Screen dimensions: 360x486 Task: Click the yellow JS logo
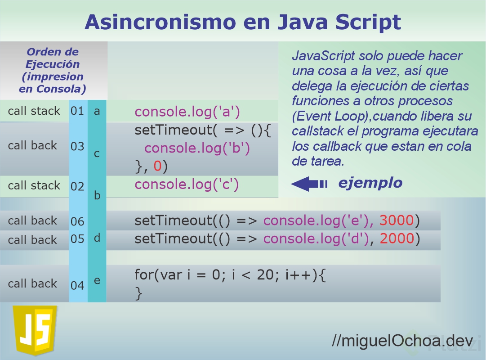(x=35, y=330)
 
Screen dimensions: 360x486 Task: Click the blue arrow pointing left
(x=308, y=184)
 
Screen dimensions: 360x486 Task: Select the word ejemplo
(x=370, y=183)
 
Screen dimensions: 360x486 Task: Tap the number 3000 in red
(x=397, y=220)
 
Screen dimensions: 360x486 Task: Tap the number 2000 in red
(x=397, y=239)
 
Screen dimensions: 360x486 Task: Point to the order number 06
(x=77, y=221)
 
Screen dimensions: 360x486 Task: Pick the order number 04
(x=77, y=285)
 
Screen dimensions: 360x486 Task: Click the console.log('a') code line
(x=187, y=112)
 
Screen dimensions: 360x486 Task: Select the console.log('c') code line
(x=187, y=184)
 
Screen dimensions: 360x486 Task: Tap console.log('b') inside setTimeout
(x=197, y=148)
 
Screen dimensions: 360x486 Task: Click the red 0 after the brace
(x=157, y=166)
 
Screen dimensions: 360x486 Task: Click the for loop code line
(x=230, y=274)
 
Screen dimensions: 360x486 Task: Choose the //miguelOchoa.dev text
(x=402, y=341)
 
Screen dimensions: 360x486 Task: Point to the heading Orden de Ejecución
(x=53, y=58)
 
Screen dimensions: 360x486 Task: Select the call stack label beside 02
(x=34, y=185)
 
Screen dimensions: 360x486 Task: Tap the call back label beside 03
(x=32, y=145)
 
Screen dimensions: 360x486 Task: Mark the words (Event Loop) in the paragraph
(x=330, y=116)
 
